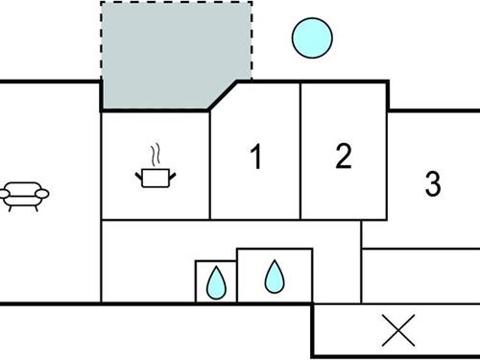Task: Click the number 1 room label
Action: tap(255, 157)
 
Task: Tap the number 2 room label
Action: tap(344, 156)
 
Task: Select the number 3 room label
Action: tap(433, 181)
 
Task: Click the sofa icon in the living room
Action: tap(25, 195)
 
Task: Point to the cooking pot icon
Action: tap(154, 177)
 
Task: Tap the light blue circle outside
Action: tap(312, 37)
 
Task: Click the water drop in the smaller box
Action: tap(216, 282)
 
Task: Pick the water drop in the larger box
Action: tap(275, 276)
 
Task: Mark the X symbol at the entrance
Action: tap(396, 331)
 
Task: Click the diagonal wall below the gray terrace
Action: tap(224, 96)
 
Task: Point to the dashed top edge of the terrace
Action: tap(178, 2)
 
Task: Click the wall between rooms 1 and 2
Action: tap(301, 154)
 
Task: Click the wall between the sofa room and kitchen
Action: tap(101, 192)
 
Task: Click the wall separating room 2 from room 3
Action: tap(388, 96)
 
